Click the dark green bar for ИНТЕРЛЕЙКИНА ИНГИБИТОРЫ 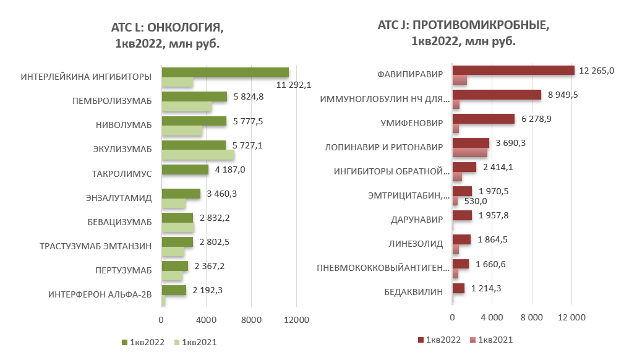point(225,72)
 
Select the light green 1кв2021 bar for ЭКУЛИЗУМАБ point(198,155)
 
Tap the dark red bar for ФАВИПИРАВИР point(513,71)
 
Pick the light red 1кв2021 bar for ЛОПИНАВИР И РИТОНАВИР point(470,152)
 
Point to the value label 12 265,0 point(597,71)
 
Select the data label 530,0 point(476,201)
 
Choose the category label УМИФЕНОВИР point(412,123)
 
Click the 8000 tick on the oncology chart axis point(251,320)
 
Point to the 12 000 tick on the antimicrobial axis point(571,317)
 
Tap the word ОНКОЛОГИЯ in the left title point(185,28)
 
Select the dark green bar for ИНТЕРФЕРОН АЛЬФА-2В point(173,290)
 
